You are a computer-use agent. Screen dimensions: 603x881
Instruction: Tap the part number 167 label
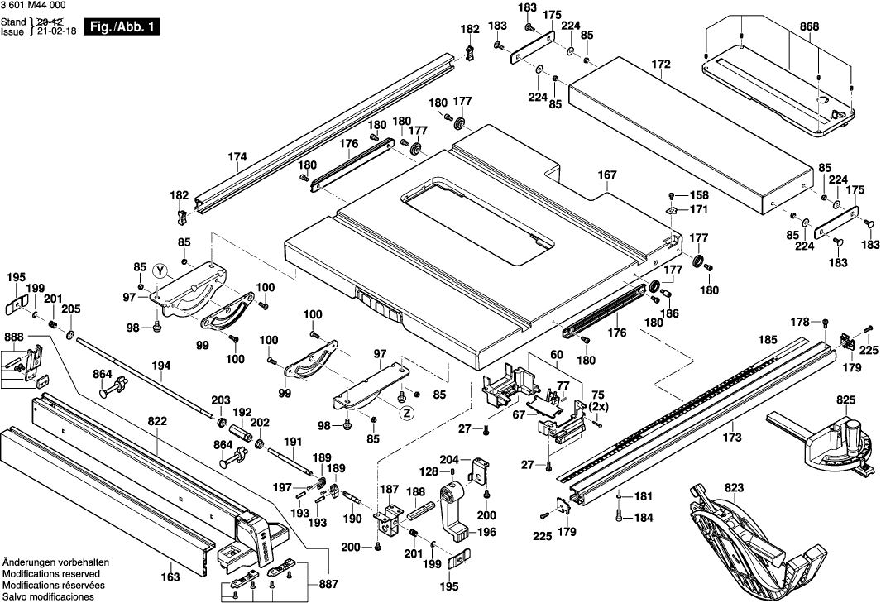pyautogui.click(x=608, y=175)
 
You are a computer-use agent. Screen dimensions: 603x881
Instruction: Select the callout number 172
pyautogui.click(x=660, y=64)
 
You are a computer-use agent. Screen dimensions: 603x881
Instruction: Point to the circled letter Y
pyautogui.click(x=160, y=270)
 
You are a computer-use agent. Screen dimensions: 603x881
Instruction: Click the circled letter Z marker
pyautogui.click(x=407, y=414)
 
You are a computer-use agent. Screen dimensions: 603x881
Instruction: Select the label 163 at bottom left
pyautogui.click(x=170, y=577)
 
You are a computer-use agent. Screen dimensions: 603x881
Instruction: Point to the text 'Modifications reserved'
pyautogui.click(x=51, y=573)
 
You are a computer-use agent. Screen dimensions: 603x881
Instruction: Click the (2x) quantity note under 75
pyautogui.click(x=598, y=406)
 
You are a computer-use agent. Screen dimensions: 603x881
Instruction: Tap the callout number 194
pyautogui.click(x=161, y=366)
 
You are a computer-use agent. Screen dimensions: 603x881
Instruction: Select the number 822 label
pyautogui.click(x=158, y=421)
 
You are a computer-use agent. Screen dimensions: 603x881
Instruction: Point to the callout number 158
pyautogui.click(x=699, y=196)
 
